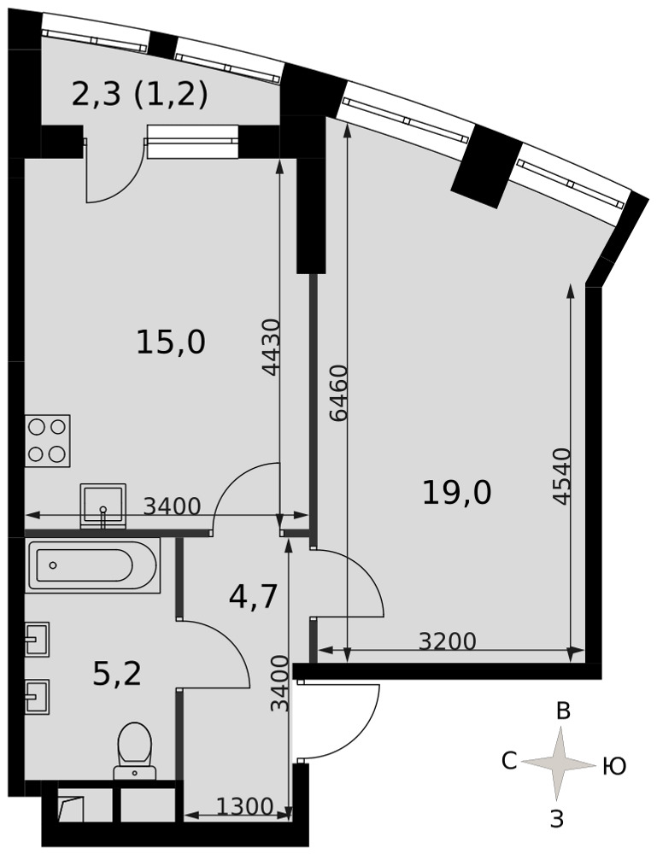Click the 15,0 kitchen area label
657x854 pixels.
click(171, 343)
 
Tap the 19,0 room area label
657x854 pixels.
click(456, 493)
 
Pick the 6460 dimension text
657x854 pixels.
click(339, 393)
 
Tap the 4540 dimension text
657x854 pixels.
click(560, 476)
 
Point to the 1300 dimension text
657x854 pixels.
click(244, 807)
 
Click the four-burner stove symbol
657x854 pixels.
click(47, 441)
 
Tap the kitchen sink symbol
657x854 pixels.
click(103, 506)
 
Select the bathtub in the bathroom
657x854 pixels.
click(92, 565)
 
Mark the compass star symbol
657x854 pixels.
click(559, 764)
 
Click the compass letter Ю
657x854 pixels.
click(614, 768)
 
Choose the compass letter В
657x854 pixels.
click(563, 712)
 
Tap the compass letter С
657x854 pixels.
click(509, 762)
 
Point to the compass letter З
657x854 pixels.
click(556, 819)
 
